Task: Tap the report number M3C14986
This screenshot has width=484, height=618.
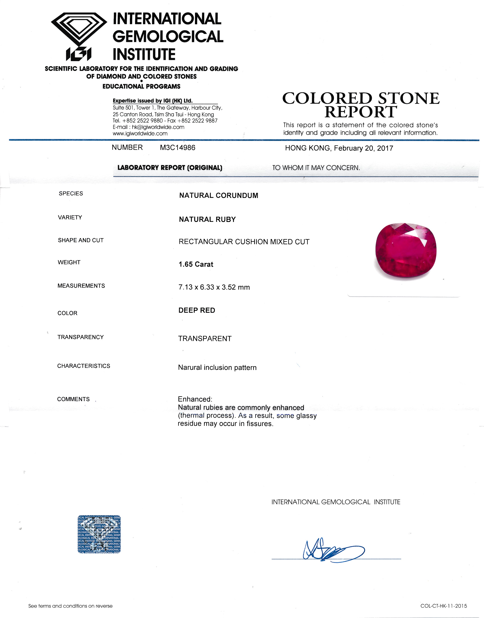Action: pos(177,148)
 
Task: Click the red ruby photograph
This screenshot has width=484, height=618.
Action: pos(406,252)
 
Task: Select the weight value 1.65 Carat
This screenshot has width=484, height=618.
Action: pos(196,264)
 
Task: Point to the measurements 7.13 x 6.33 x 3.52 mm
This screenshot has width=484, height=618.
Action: pos(214,287)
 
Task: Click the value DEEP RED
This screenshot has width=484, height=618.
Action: pos(197,310)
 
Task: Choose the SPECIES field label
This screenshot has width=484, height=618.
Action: pos(71,194)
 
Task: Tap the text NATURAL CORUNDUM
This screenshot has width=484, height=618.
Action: pos(218,196)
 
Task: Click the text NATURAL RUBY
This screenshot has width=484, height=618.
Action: pos(207,219)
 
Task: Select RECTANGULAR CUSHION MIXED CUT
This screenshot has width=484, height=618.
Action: pos(244,242)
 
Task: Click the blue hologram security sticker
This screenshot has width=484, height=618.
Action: pos(99,534)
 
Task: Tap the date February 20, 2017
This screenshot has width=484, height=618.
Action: pos(363,148)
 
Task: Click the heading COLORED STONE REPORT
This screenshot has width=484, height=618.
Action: pos(360,105)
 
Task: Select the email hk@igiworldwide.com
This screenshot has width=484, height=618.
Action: pos(158,127)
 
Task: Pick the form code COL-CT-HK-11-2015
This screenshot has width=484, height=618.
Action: pos(444,606)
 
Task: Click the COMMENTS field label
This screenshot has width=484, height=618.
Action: pos(73,399)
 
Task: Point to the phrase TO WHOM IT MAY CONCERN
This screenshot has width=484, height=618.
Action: pos(316,168)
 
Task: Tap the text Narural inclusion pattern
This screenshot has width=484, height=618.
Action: pos(217,368)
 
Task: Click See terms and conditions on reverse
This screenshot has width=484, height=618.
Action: pos(70,606)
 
